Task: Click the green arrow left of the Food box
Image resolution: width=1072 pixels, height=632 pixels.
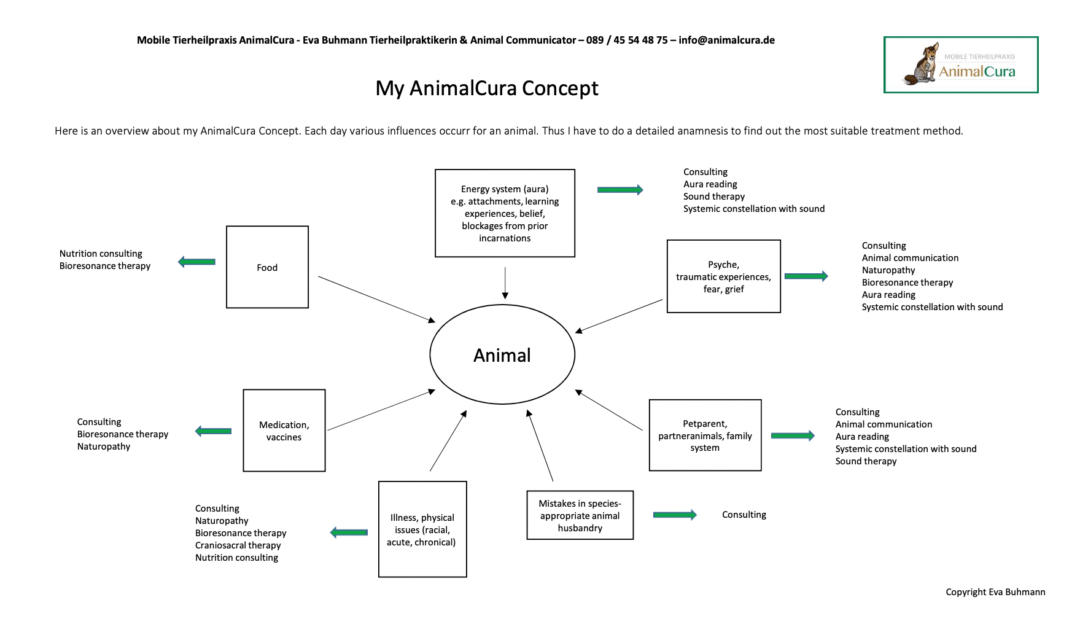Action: [x=196, y=262]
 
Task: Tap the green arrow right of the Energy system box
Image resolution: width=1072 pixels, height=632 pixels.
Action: [x=620, y=190]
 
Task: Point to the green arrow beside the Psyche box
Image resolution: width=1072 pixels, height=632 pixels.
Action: [x=806, y=276]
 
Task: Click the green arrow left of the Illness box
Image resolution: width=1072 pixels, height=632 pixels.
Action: [x=349, y=533]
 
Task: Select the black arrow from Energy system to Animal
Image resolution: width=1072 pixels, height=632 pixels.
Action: [x=505, y=283]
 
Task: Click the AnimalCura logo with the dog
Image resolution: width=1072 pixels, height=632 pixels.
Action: [x=961, y=65]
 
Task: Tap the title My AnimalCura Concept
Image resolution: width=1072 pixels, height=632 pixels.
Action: [x=487, y=88]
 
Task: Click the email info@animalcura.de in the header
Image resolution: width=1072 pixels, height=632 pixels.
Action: [x=726, y=41]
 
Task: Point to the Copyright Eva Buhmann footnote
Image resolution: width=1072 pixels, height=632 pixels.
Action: [x=995, y=592]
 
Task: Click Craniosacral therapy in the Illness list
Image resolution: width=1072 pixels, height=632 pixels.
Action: [x=238, y=545]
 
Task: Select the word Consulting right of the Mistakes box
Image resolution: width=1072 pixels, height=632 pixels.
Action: [x=744, y=515]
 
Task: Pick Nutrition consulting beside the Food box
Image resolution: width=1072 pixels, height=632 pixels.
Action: [x=101, y=254]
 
